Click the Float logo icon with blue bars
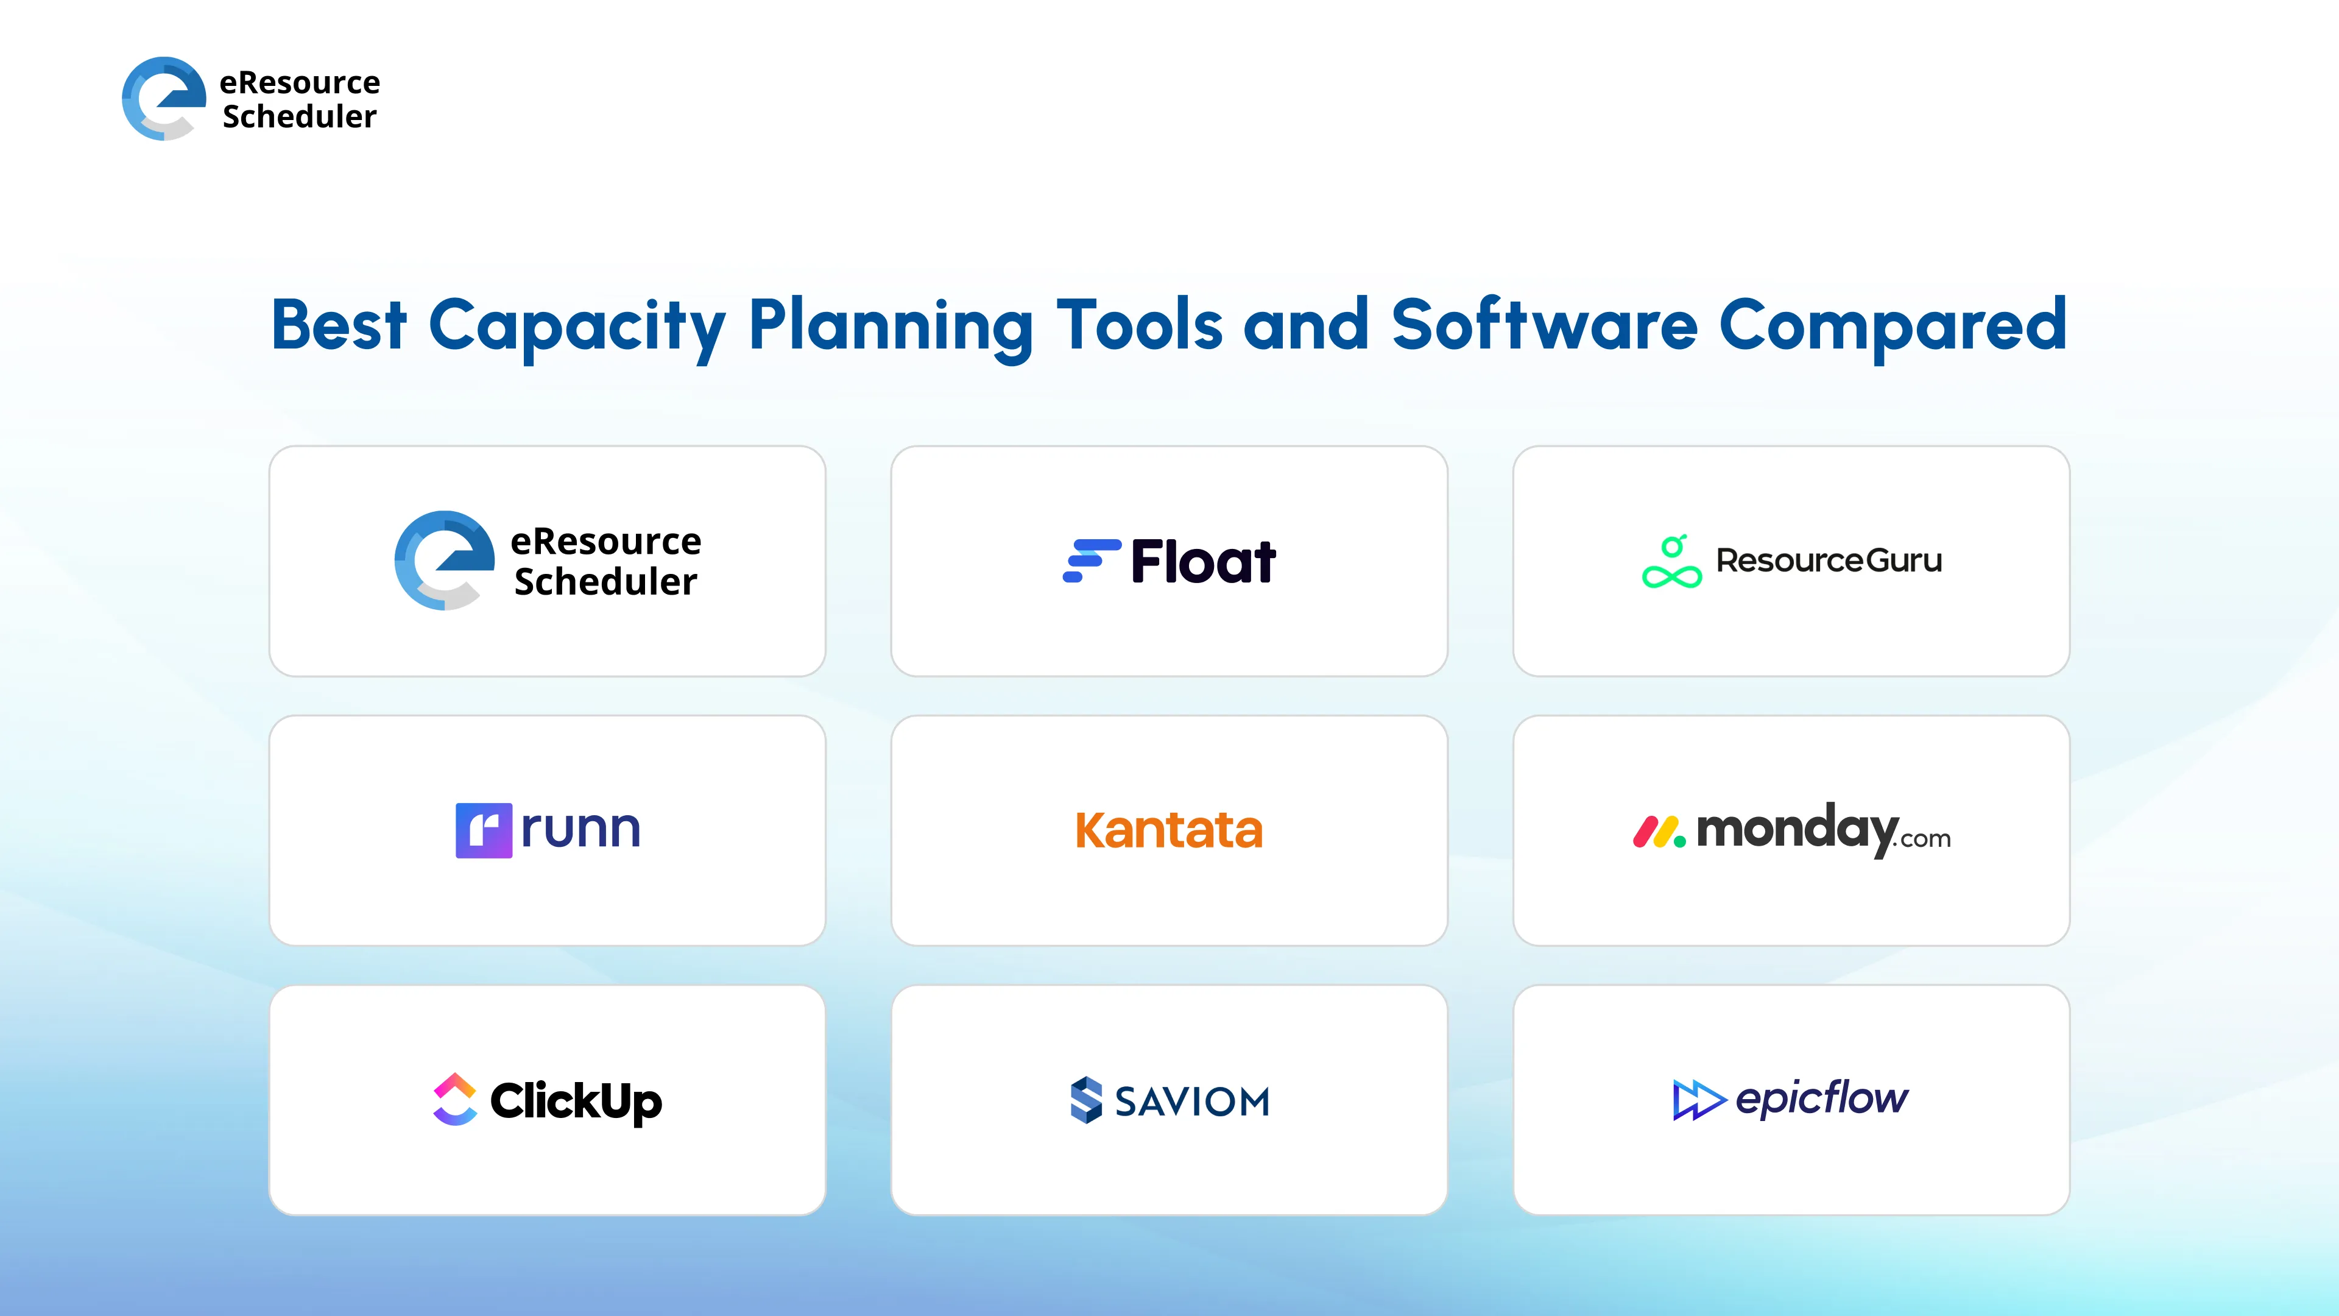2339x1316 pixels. point(1090,561)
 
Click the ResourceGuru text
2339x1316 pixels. point(1829,561)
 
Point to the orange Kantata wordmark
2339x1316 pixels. point(1169,830)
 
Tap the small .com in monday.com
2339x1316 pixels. point(1924,839)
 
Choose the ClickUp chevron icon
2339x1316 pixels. point(455,1099)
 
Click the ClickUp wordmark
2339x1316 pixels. point(576,1101)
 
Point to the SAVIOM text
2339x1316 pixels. point(1191,1102)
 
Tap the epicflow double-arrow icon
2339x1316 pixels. point(1697,1100)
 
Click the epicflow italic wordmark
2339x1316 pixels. point(1821,1098)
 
